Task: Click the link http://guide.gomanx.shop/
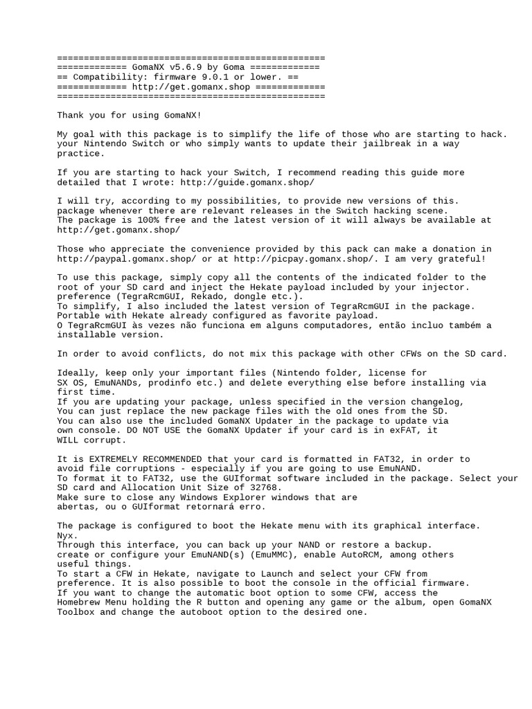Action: tap(247, 182)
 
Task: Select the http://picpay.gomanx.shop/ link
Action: tap(304, 259)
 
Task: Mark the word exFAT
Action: tap(409, 431)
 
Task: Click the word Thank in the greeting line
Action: tap(71, 116)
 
